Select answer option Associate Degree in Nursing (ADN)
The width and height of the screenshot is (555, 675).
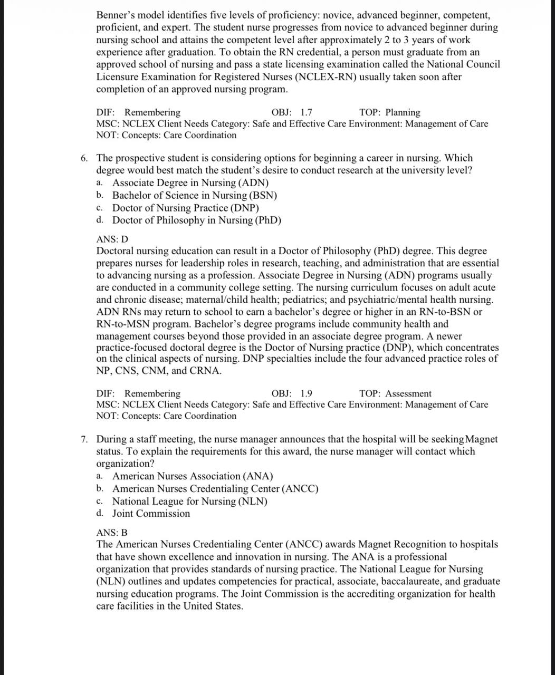tap(190, 183)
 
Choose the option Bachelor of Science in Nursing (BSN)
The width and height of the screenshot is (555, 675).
tap(194, 195)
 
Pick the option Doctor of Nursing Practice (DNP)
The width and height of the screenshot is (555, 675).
tap(185, 208)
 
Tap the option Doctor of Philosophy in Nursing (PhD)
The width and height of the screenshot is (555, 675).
tap(196, 220)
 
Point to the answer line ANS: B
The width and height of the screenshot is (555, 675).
tap(112, 533)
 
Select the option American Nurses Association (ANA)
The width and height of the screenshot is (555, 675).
tap(193, 476)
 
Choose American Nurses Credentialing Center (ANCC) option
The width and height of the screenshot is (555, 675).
tap(215, 489)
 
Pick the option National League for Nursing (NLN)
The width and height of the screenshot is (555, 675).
tap(189, 501)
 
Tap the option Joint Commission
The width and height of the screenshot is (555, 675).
tap(151, 514)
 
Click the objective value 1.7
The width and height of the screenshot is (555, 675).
tap(306, 112)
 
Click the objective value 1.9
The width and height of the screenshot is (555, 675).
tap(306, 393)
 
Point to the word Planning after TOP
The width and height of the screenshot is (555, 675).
tap(403, 112)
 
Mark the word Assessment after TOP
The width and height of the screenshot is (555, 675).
tap(408, 393)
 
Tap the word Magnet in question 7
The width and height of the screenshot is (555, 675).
tap(482, 439)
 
